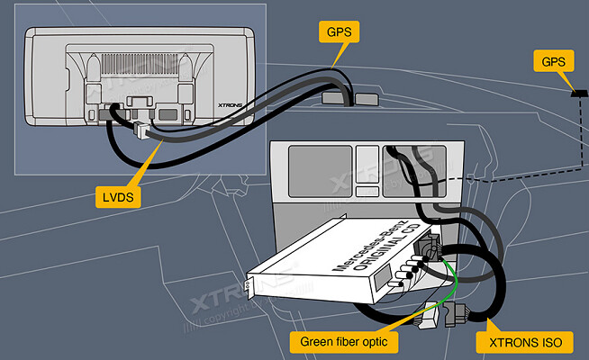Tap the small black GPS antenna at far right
point(577,93)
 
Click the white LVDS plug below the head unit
point(140,131)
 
